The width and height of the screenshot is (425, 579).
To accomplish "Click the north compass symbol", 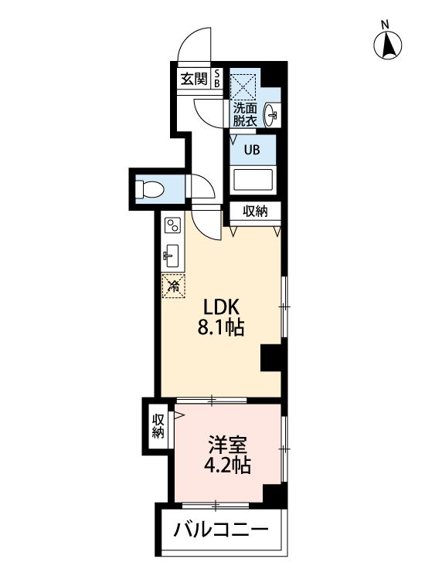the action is [x=387, y=44].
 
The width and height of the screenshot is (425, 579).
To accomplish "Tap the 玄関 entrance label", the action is [x=194, y=79].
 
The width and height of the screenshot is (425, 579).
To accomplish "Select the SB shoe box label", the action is [x=217, y=79].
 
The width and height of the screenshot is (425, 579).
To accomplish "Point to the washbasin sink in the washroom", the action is [x=271, y=114].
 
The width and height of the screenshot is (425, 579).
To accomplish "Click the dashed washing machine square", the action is [x=243, y=86].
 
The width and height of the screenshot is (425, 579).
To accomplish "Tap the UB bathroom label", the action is [x=252, y=150].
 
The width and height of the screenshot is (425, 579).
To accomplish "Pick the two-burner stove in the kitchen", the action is [x=172, y=225].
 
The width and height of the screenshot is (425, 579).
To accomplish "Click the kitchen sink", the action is [x=171, y=256].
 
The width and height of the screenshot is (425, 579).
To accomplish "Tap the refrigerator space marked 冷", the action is [x=173, y=286].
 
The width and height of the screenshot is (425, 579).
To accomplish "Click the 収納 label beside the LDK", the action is [x=255, y=212].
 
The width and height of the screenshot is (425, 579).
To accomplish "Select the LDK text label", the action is [x=221, y=306].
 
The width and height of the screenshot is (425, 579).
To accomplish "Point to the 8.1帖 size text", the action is [x=221, y=327].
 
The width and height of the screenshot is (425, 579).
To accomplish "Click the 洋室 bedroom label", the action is [x=227, y=445].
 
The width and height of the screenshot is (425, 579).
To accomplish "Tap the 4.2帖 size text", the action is [x=227, y=466].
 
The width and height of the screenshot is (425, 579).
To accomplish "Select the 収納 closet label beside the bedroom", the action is [x=158, y=426].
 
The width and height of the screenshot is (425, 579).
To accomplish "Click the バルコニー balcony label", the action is [x=221, y=530].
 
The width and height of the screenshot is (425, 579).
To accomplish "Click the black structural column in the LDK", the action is [x=273, y=357].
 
